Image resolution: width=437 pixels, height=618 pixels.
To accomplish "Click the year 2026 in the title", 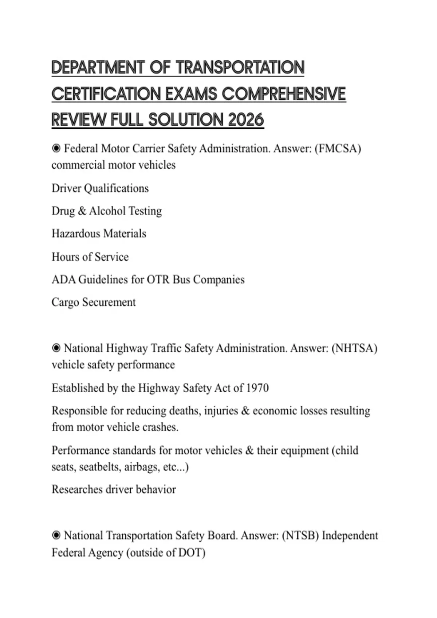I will coord(246,120).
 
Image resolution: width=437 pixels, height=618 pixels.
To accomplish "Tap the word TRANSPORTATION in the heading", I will coord(240,68).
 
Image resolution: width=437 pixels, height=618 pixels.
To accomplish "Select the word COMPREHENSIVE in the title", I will coord(284,94).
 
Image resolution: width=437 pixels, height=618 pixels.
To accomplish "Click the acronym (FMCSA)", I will coord(338,149).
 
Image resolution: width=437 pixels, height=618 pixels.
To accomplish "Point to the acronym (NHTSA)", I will coord(354,348).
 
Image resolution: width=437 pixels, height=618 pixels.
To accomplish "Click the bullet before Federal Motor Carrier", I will coord(56,149).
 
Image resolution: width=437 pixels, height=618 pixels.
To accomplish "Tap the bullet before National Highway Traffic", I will coord(56,348).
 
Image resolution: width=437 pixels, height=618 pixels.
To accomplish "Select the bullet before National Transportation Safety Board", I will coord(56,535).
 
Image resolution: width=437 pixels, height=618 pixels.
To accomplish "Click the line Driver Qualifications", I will coord(100,188).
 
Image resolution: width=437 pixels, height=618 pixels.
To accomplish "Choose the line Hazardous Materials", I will coord(99,233).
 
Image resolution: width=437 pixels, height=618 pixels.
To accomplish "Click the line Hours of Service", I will coord(90,257).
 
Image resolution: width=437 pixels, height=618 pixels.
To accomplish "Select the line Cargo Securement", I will coord(94,302).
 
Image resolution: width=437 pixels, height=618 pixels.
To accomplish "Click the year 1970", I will coord(257,388).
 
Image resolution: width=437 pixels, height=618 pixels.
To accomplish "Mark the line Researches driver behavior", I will coord(114,489).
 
